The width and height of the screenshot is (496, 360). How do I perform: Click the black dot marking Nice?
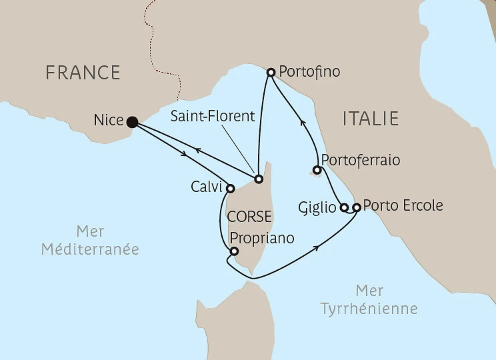(132, 121)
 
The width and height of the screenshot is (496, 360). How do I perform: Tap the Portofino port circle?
(271, 72)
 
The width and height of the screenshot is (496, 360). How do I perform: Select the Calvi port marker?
(230, 189)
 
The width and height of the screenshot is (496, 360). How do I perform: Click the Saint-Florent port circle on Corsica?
(259, 179)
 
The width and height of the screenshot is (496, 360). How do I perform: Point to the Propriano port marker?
(233, 251)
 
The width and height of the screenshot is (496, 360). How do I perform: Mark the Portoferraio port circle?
(317, 170)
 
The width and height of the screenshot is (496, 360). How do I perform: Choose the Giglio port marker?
(344, 207)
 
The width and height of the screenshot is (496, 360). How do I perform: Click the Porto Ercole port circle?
(356, 207)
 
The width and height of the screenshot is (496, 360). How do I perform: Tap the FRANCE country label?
(83, 72)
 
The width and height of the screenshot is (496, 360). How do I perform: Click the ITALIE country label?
(371, 119)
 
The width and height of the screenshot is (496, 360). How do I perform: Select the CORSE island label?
(249, 217)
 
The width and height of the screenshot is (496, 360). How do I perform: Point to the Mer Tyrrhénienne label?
(369, 300)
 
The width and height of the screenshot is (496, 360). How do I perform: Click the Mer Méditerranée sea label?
(90, 241)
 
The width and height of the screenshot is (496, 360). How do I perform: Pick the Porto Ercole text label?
(403, 205)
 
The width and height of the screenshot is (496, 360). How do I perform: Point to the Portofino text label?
(310, 71)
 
